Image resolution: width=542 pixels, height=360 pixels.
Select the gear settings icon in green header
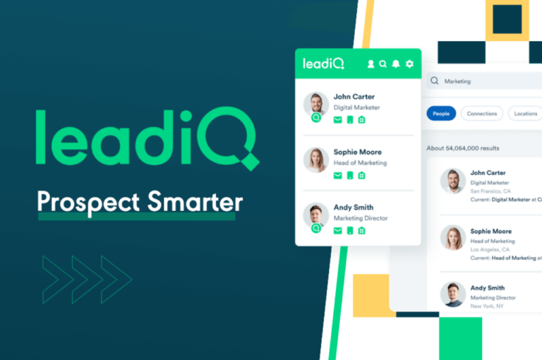(x=409, y=64)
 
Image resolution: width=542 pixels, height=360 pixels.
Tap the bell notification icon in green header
(x=396, y=64)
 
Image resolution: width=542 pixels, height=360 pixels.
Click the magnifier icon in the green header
(x=383, y=64)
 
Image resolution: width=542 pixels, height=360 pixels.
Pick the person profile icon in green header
(x=371, y=64)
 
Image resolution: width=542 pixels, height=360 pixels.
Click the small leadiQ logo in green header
(x=323, y=64)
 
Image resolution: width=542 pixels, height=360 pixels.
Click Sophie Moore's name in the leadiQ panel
(x=357, y=152)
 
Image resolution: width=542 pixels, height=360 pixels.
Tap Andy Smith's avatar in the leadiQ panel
(x=315, y=215)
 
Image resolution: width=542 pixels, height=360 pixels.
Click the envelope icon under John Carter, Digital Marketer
(x=337, y=120)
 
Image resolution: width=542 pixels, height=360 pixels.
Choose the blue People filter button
(x=441, y=114)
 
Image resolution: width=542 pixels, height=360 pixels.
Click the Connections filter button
(x=482, y=114)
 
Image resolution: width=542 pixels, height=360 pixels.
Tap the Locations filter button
(x=525, y=114)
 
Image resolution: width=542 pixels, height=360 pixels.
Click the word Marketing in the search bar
(x=457, y=81)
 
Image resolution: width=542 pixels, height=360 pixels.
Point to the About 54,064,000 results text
(x=463, y=148)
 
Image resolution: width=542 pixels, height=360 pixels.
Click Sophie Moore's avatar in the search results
(x=452, y=239)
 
